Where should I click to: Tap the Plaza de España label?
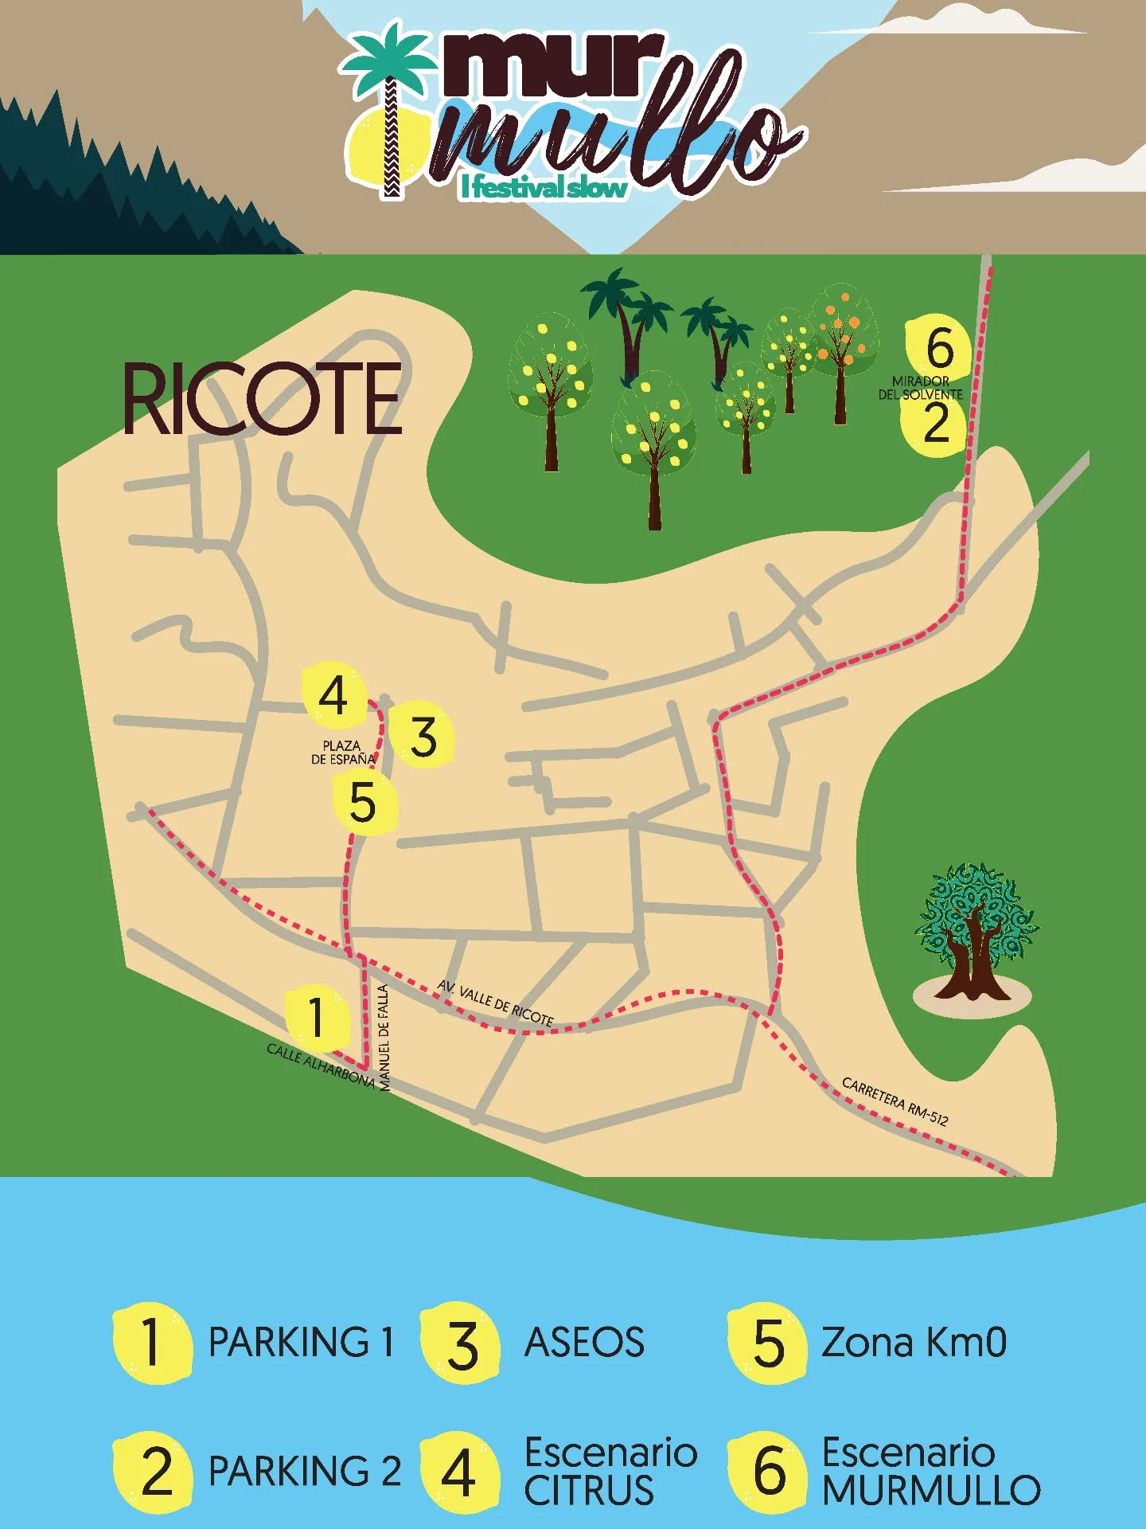click(x=342, y=753)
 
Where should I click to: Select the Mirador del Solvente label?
click(x=921, y=388)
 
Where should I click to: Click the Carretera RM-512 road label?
click(x=895, y=1101)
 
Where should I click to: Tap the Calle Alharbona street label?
click(x=320, y=1066)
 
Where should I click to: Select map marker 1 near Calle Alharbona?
click(x=317, y=1017)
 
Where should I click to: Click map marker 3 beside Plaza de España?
click(x=423, y=737)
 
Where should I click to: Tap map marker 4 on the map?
click(x=333, y=695)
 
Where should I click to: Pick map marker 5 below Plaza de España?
click(x=363, y=803)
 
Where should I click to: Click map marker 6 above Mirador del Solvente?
click(x=940, y=348)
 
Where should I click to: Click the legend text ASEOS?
click(x=584, y=1342)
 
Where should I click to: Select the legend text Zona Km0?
click(x=914, y=1342)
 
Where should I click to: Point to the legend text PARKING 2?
click(x=304, y=1471)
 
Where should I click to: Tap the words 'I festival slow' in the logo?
click(x=544, y=188)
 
